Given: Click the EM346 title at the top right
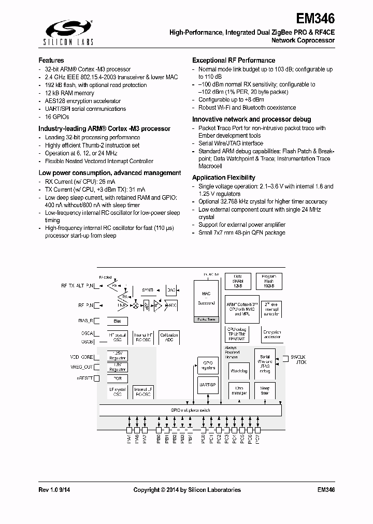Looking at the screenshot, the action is tap(315, 19).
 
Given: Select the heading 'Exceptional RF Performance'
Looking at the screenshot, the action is tap(234, 61).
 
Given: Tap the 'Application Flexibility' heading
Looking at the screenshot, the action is tap(223, 178).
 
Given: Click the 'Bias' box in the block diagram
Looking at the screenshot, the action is tap(117, 322).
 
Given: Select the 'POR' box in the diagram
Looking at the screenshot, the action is tap(117, 378).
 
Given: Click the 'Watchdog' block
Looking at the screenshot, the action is tap(238, 371).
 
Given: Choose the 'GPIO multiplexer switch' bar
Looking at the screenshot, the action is tap(191, 410).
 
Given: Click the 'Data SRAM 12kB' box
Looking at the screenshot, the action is tap(238, 281).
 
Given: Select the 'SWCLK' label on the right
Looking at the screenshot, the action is tap(298, 357).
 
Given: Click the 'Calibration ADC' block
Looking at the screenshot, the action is tap(169, 337).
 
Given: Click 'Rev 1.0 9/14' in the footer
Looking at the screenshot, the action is tap(58, 490).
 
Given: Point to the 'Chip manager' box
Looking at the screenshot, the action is tap(238, 391).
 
